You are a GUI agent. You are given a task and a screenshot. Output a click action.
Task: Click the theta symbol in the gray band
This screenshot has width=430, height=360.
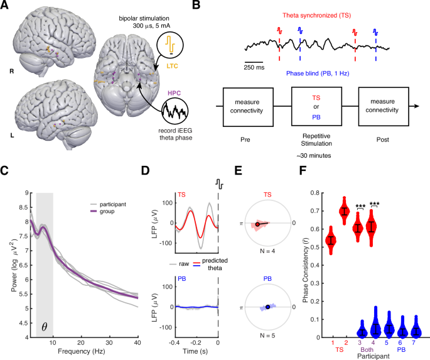(x=44, y=327)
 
